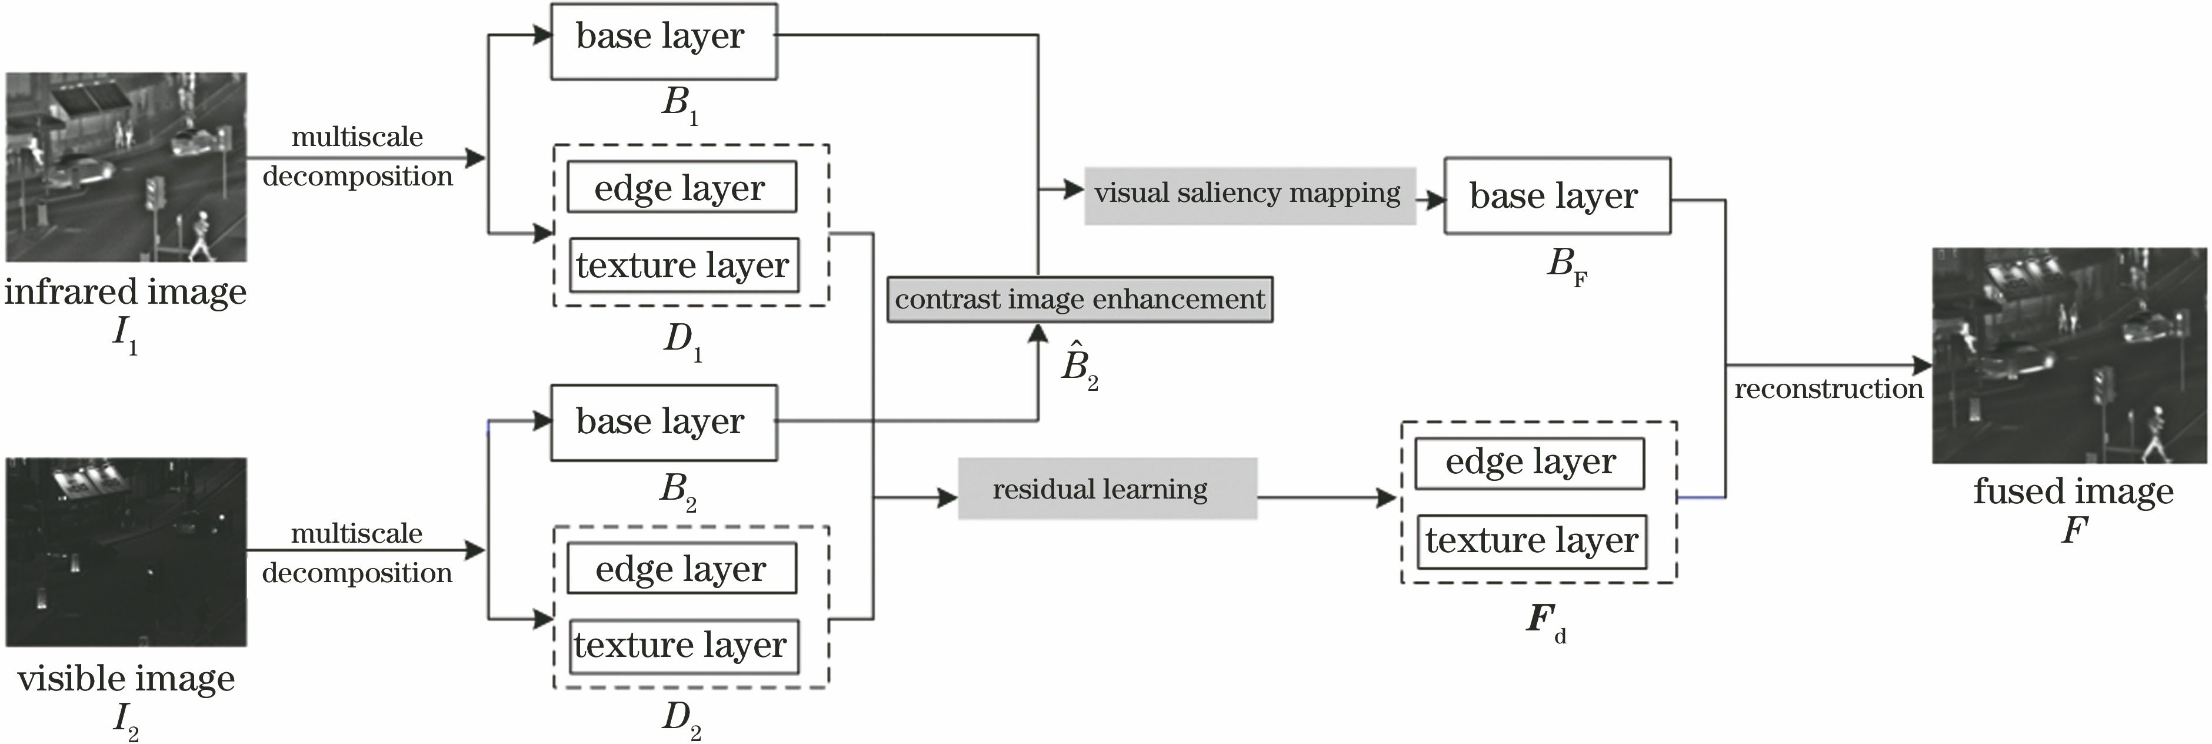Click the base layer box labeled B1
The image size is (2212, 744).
(x=663, y=41)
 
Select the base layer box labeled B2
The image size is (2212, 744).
(x=663, y=423)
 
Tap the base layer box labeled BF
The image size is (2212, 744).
(x=1556, y=196)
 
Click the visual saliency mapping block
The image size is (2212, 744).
(x=1248, y=195)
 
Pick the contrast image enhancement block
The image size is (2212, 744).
(x=1080, y=300)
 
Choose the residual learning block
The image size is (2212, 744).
(x=1107, y=489)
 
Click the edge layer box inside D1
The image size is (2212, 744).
(x=680, y=187)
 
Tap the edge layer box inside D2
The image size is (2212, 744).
(x=681, y=569)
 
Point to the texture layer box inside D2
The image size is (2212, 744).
(x=682, y=645)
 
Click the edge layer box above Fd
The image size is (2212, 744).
(x=1530, y=463)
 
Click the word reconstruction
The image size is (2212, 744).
(x=1828, y=389)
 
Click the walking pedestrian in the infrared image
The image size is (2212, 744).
(x=202, y=234)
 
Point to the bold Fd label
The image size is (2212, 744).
(x=1544, y=620)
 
